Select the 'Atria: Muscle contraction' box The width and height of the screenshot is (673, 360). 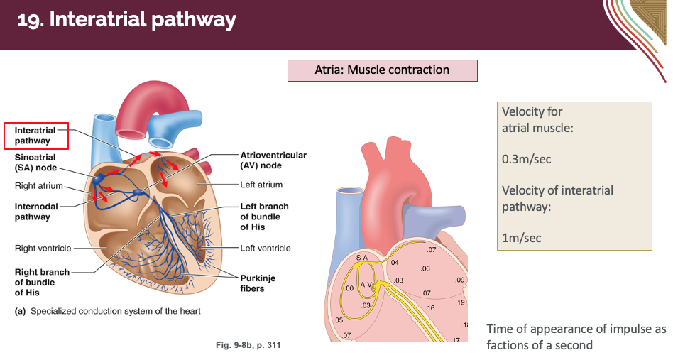pos(382,70)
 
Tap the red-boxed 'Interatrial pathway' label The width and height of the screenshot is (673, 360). pos(35,136)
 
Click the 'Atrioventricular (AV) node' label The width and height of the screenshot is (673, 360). pos(273,160)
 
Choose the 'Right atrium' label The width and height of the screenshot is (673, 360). pos(38,186)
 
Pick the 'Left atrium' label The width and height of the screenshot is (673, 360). pos(261,185)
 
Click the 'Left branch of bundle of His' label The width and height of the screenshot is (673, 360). pos(264,217)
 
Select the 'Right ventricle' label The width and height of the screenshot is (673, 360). pos(43,249)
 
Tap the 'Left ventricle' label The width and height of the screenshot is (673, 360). pos(265,249)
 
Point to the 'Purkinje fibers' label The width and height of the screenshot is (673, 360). pos(258,283)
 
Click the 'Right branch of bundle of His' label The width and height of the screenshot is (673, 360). pos(41,282)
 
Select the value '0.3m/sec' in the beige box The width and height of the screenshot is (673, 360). pos(526,159)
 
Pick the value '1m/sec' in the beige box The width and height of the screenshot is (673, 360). pos(521,238)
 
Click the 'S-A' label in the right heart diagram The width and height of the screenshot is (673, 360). pos(362,256)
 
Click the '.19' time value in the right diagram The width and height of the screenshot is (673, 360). pos(461,302)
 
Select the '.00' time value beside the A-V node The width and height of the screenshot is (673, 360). pos(349,288)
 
